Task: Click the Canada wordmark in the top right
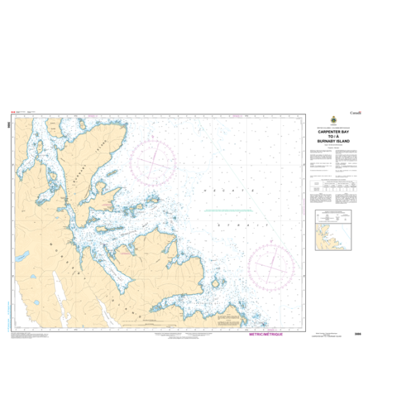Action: [356, 112]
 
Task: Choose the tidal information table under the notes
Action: [333, 185]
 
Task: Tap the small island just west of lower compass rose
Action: [218, 281]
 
